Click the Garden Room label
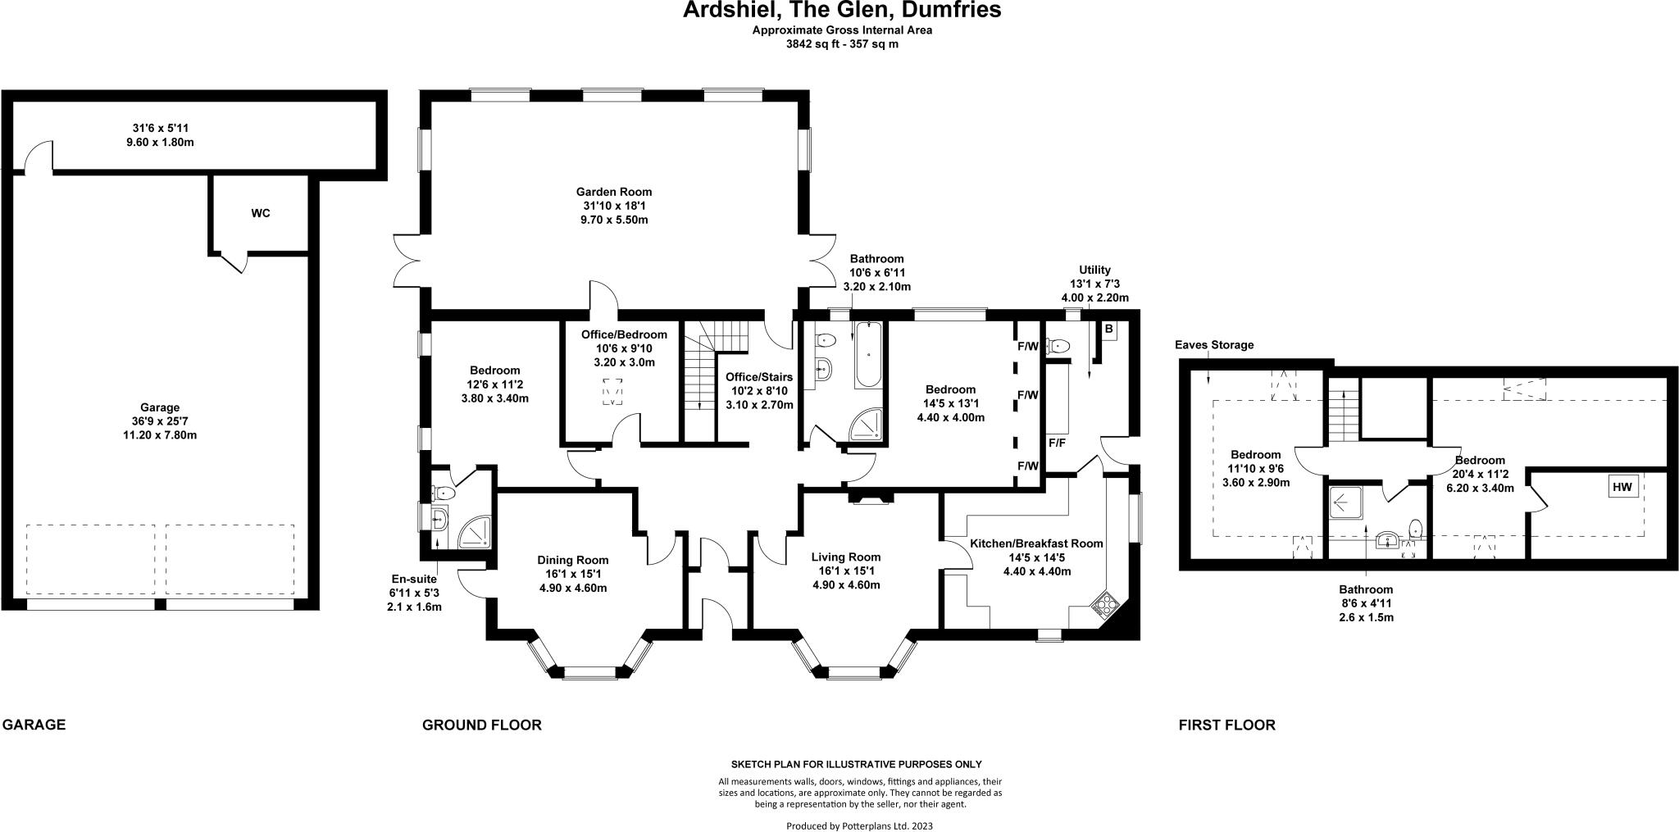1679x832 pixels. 613,192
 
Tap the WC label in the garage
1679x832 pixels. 261,214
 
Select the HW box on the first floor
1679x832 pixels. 1622,487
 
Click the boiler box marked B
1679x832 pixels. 1108,330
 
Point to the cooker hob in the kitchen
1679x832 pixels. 1103,605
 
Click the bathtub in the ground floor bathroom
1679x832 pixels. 868,355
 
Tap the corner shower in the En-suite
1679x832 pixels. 475,532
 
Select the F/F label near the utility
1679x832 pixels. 1057,443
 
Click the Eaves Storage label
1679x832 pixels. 1214,345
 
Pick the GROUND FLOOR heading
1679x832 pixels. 482,725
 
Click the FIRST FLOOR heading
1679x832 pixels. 1227,725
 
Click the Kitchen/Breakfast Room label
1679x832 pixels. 1037,543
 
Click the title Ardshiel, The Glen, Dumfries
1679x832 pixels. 843,11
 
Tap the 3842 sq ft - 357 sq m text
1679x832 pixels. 843,45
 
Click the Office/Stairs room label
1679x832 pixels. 759,377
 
